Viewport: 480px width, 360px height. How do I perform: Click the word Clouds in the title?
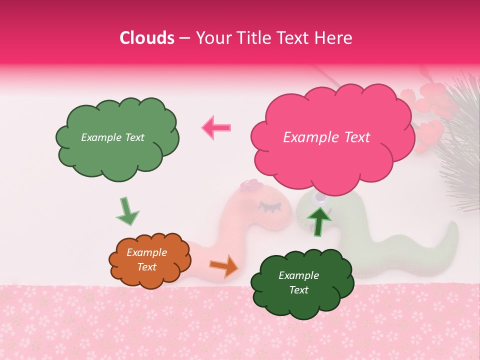147,38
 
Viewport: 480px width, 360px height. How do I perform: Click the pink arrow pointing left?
216,127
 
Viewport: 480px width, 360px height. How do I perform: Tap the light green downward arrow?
127,211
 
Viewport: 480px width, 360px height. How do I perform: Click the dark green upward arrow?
319,220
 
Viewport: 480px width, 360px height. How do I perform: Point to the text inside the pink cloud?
326,137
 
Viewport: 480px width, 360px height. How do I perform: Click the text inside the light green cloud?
112,137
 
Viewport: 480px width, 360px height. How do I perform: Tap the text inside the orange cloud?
146,260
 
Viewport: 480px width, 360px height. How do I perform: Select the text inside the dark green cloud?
298,283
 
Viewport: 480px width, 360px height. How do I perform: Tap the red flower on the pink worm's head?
249,185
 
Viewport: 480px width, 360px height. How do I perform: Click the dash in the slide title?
183,38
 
